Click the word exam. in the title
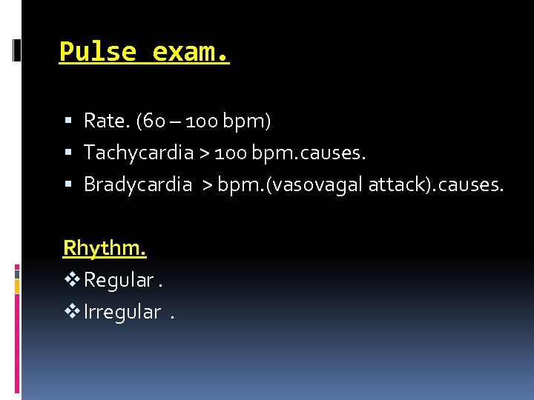[191, 53]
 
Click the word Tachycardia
[138, 153]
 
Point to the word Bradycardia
[138, 185]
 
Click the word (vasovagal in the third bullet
[317, 185]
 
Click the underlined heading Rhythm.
[105, 247]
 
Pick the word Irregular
[122, 313]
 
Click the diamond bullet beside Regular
[72, 280]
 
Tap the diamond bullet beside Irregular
[72, 313]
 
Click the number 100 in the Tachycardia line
[232, 153]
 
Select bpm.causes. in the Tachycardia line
[309, 153]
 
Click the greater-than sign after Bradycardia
[202, 186]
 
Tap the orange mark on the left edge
[17, 284]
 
